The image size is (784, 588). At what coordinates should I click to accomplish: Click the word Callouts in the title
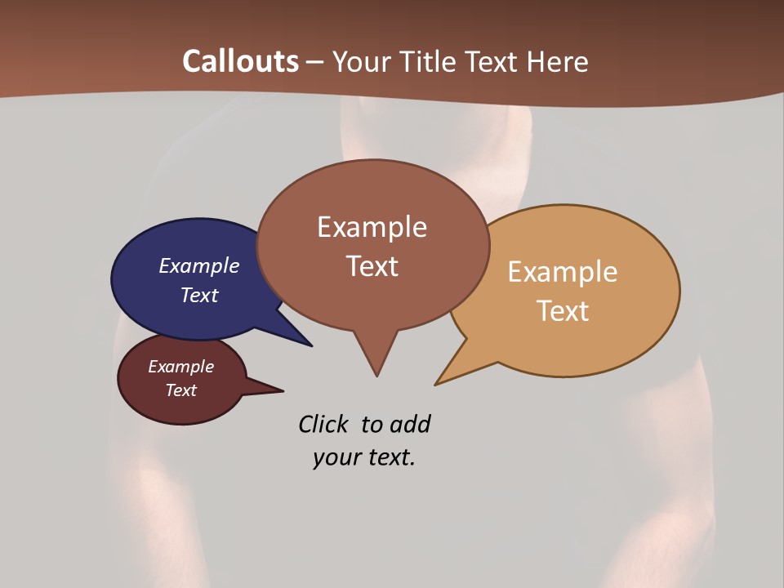[x=240, y=61]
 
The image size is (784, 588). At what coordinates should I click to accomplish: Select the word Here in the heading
[x=559, y=61]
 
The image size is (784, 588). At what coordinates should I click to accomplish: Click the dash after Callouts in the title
[x=315, y=62]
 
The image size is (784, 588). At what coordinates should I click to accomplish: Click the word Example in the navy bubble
[x=199, y=265]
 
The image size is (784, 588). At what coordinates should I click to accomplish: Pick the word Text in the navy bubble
[x=199, y=295]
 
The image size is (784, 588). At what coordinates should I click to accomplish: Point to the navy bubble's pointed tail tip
[x=312, y=346]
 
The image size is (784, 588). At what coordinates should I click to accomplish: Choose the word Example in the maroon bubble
[x=180, y=367]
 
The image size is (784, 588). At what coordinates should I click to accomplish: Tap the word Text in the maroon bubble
[x=180, y=390]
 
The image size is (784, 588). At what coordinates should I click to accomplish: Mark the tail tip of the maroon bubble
[x=283, y=390]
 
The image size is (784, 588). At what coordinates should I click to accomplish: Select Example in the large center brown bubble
[x=372, y=227]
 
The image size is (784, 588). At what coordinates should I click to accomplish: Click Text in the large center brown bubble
[x=372, y=266]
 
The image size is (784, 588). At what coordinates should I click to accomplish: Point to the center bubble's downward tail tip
[x=376, y=376]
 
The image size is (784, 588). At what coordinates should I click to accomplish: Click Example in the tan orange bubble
[x=563, y=272]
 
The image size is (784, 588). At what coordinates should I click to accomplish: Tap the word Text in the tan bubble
[x=563, y=311]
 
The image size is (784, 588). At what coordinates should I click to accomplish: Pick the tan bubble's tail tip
[x=435, y=385]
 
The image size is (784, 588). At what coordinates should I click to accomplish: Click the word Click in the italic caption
[x=323, y=424]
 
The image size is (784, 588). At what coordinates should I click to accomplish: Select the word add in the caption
[x=410, y=424]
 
